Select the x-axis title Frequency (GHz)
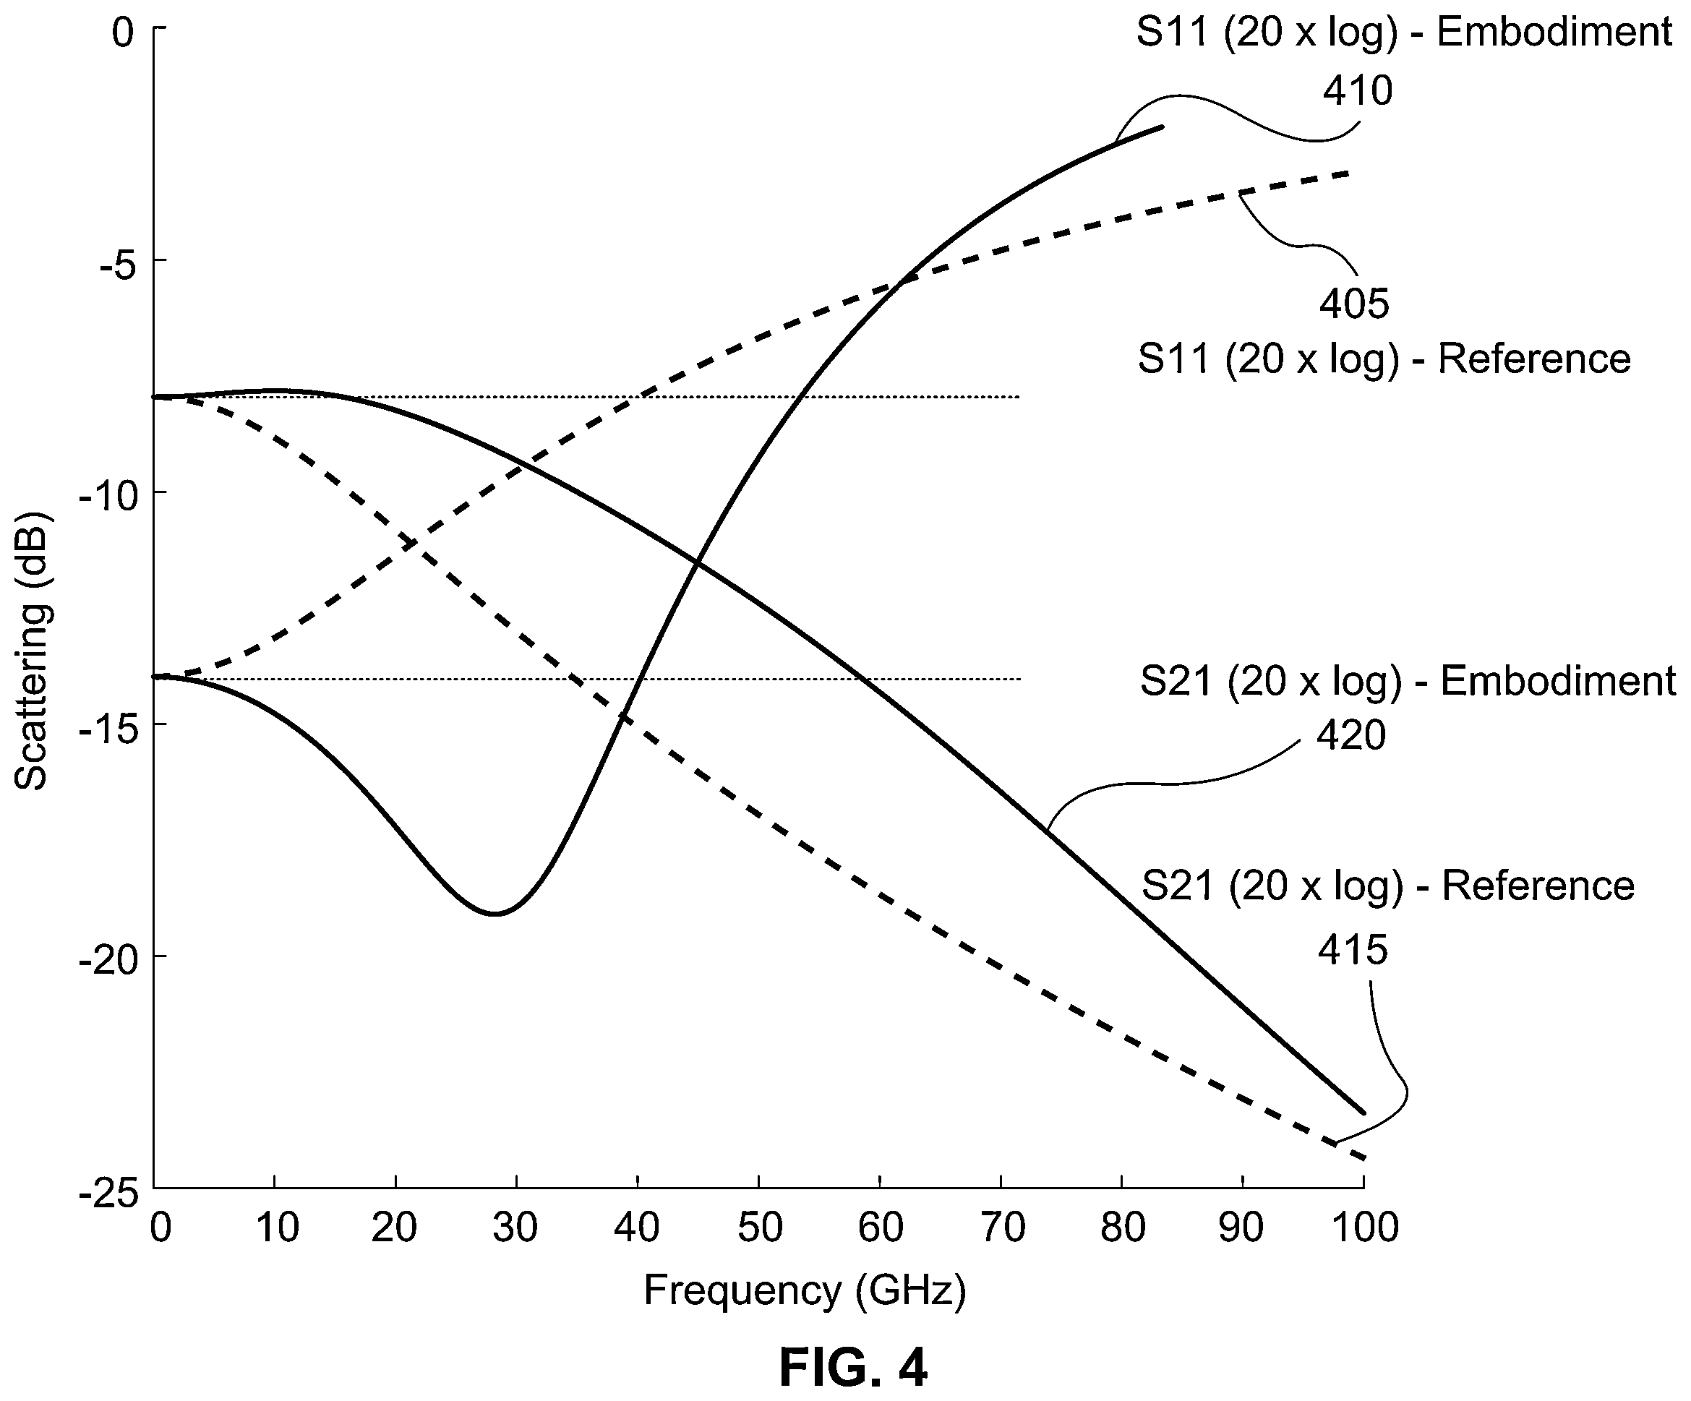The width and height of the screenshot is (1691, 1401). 805,1290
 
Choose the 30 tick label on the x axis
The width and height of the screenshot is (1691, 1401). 515,1229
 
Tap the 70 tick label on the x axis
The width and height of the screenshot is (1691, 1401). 1001,1229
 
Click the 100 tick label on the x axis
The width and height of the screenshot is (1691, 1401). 1364,1229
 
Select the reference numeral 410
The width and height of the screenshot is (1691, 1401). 1358,91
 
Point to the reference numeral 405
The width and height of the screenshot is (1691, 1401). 1354,304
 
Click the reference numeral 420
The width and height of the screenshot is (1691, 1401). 1351,736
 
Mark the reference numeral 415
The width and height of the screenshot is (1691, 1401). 1353,950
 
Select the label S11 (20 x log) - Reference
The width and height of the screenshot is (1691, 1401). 1384,359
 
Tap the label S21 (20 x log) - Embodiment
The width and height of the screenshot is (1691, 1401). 1408,681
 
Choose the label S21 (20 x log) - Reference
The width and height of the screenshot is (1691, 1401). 1388,886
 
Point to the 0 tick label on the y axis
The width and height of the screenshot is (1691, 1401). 122,34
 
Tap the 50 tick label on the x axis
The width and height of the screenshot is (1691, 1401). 759,1229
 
